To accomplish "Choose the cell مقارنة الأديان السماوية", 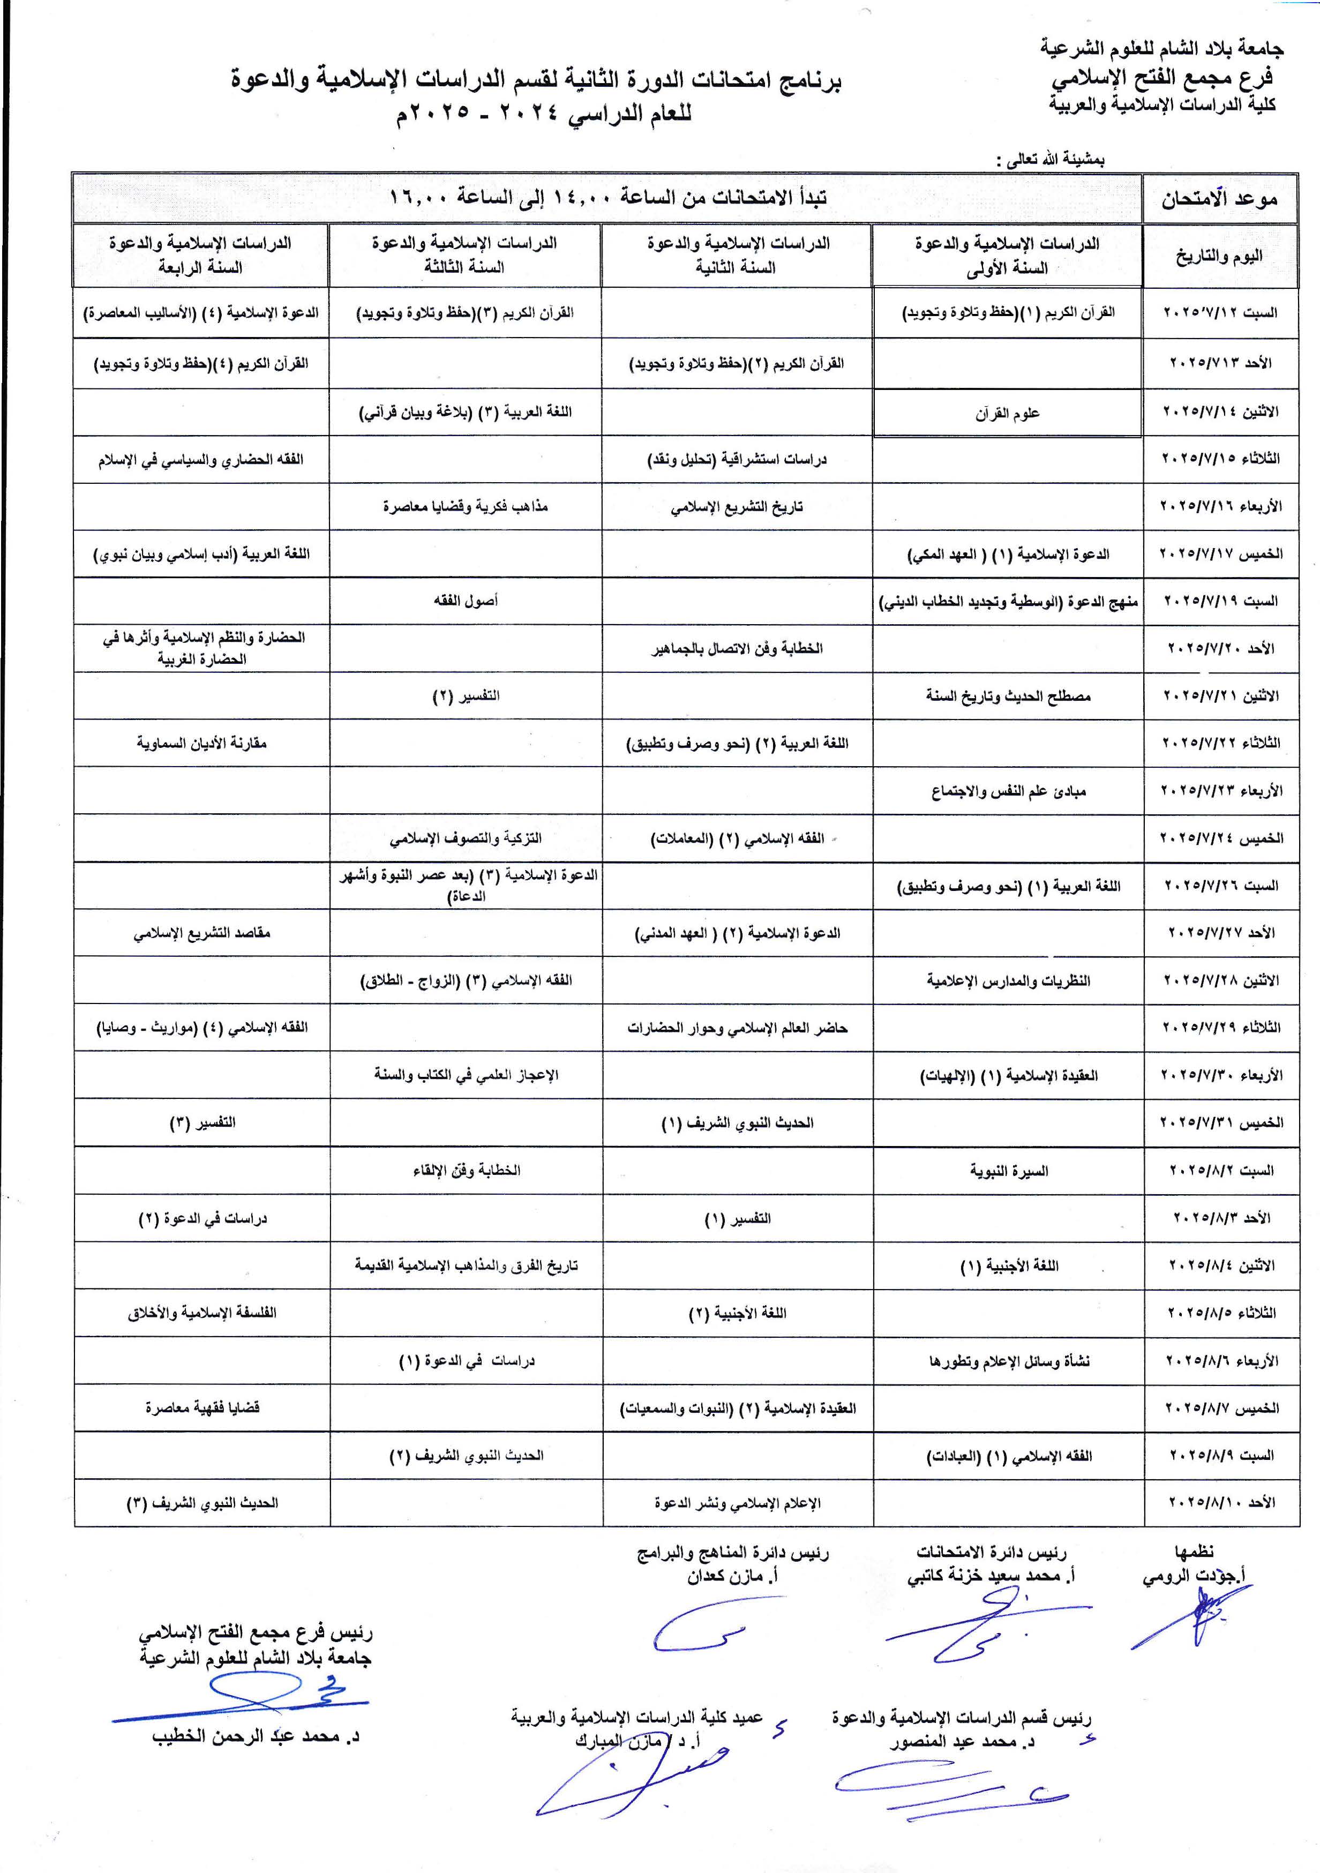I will [201, 743].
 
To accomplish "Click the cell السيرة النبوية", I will [1008, 1171].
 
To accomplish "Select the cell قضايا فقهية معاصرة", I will [201, 1407].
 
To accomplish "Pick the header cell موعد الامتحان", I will [1220, 198].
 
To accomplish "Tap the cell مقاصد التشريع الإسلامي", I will [201, 932].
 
